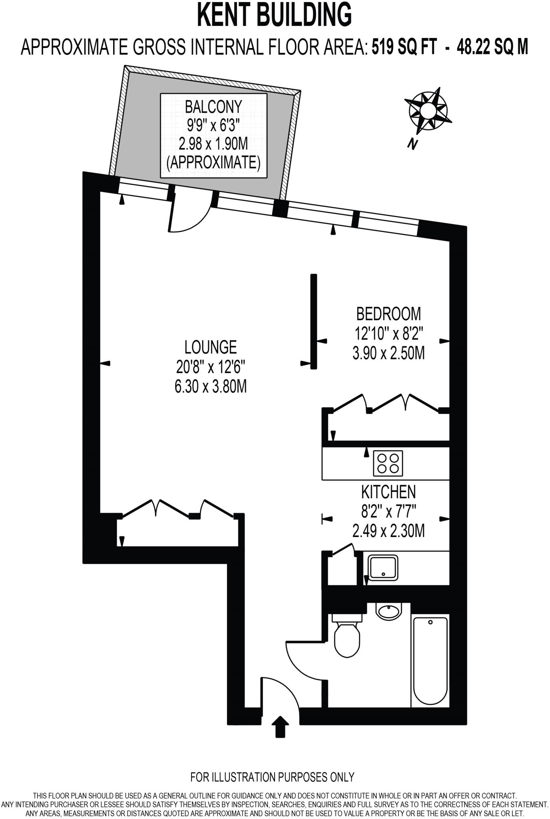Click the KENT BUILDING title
[x=275, y=15]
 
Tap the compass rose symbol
[x=427, y=110]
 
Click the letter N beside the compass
[x=412, y=143]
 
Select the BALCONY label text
[x=213, y=107]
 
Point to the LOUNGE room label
[x=211, y=347]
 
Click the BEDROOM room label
[x=389, y=314]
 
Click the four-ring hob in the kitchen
[x=388, y=463]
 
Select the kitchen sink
[x=383, y=567]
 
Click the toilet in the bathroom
[x=347, y=636]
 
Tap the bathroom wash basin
[x=389, y=611]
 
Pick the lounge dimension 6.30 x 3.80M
[x=211, y=387]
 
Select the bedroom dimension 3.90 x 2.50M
[x=389, y=354]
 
